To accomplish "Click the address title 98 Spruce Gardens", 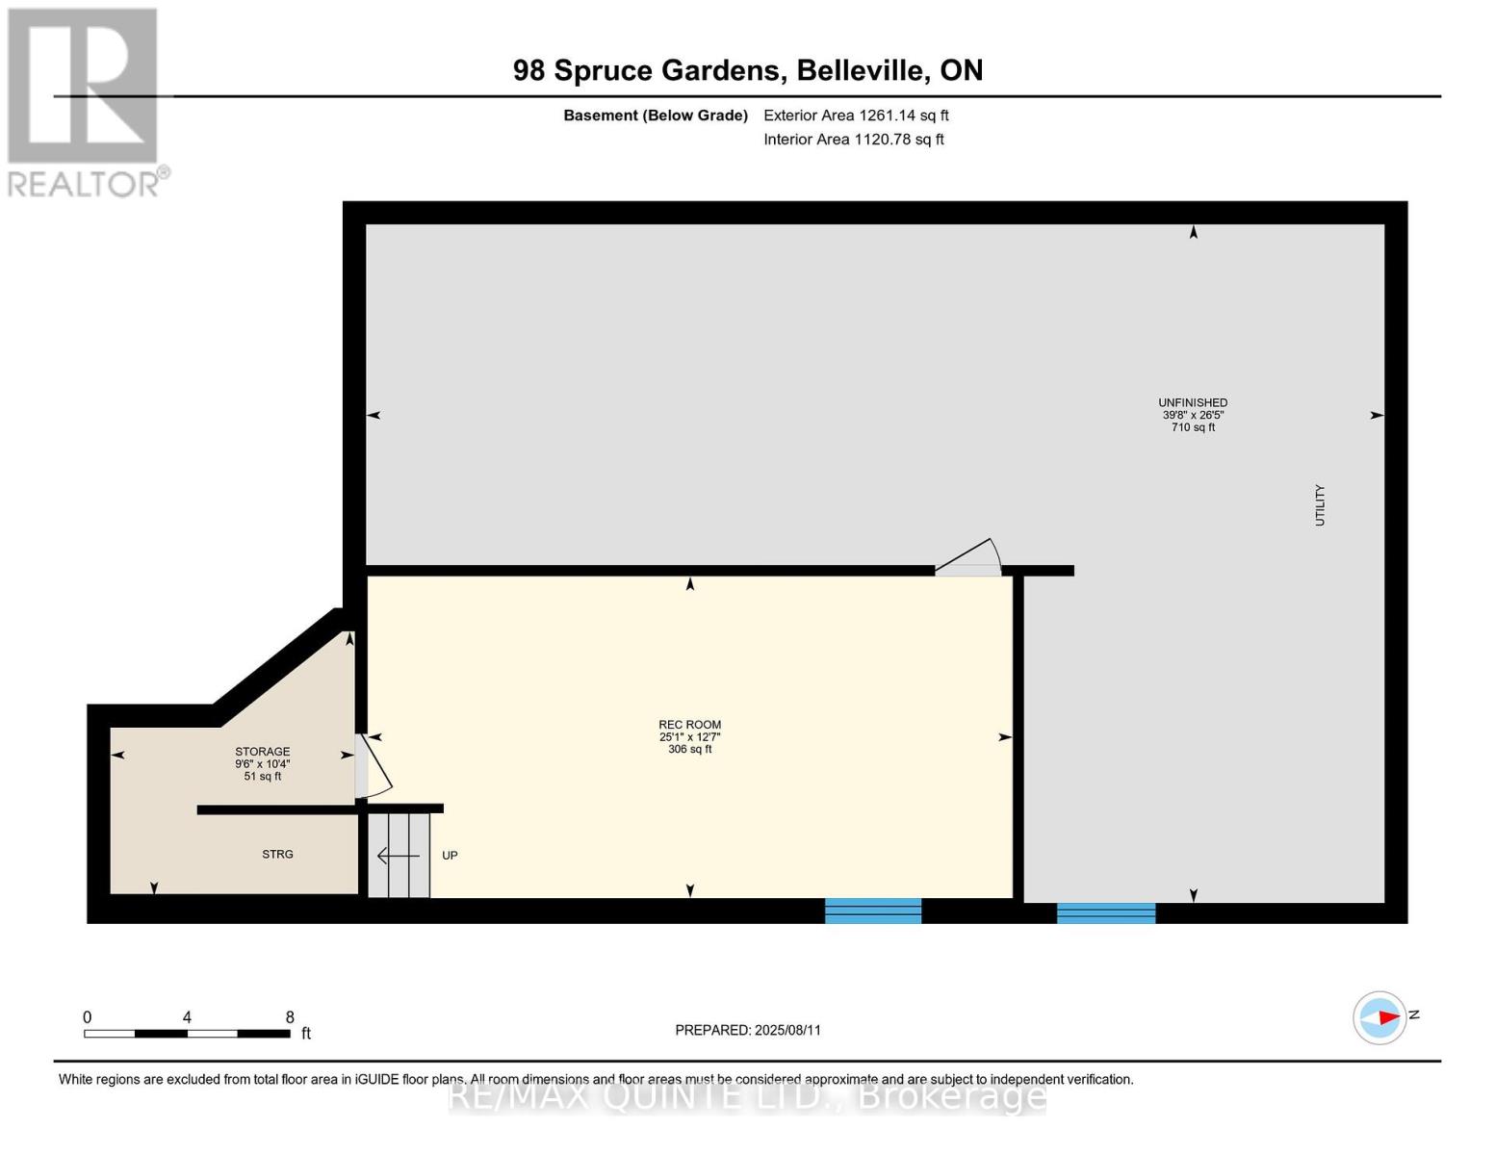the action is (x=646, y=70).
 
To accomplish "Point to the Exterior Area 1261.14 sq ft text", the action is (x=856, y=115).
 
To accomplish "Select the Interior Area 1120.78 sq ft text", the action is (x=853, y=140).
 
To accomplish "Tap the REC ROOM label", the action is (x=689, y=725).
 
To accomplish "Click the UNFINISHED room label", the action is (x=1193, y=402).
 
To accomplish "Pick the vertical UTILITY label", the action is (x=1320, y=505).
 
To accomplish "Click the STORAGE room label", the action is (x=262, y=751).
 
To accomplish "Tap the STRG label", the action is (x=277, y=854).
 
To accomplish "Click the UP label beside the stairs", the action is (x=450, y=855).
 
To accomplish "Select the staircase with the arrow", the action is (x=400, y=855).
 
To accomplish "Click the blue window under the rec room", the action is (x=872, y=911).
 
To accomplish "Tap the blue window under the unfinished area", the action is (x=1105, y=912).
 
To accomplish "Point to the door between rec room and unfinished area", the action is (x=968, y=557).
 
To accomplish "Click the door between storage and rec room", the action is (x=373, y=765).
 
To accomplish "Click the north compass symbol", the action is (x=1379, y=1017).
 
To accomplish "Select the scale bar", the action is (x=187, y=1033).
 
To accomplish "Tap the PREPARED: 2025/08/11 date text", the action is (x=748, y=1030).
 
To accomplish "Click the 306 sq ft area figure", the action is (x=689, y=749).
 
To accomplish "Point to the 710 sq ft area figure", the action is (x=1193, y=427).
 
